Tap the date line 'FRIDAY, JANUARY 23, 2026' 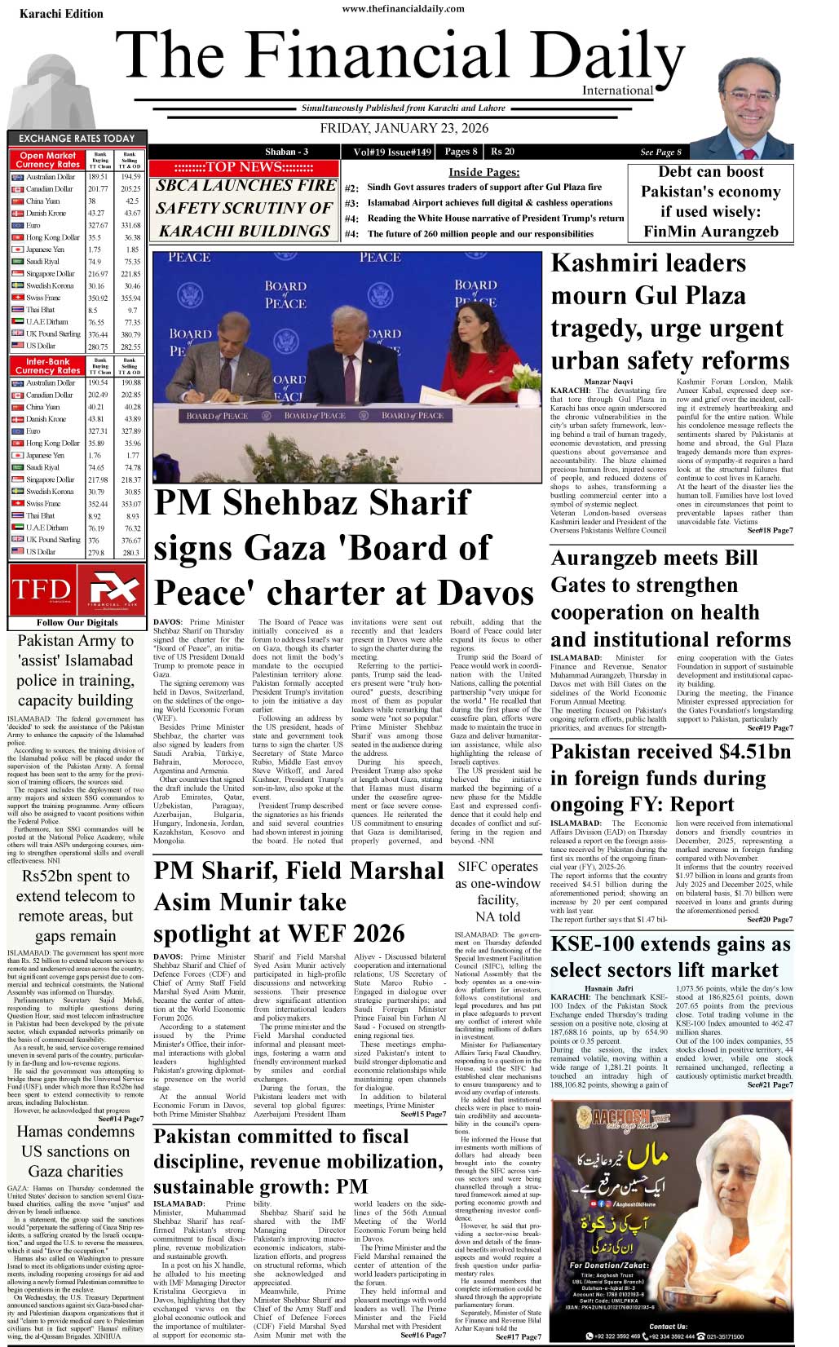[x=404, y=128]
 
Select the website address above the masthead [x=403, y=9]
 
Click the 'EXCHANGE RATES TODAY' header [x=77, y=139]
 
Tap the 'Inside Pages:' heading [x=484, y=172]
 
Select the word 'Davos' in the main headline [x=483, y=593]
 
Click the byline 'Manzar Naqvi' [x=608, y=382]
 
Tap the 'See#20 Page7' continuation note [x=769, y=920]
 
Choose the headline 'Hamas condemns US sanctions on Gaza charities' [x=74, y=1150]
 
